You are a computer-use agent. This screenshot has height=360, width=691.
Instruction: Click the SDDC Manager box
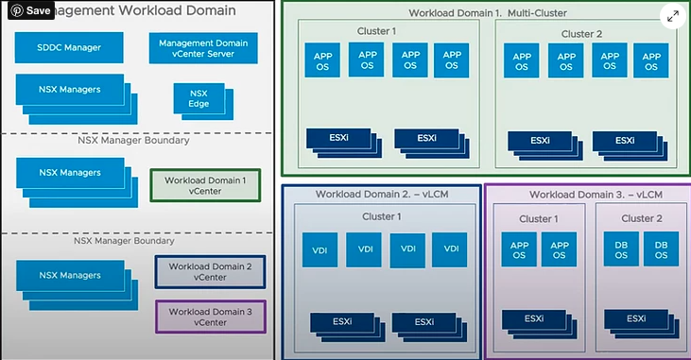click(x=69, y=46)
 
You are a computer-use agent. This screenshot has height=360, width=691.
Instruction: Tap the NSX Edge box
click(x=199, y=99)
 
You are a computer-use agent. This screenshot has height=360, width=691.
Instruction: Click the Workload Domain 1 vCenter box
click(x=205, y=185)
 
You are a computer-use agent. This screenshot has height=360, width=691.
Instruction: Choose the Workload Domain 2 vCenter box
click(x=209, y=272)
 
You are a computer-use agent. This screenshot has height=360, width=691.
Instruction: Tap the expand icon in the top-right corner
click(x=672, y=16)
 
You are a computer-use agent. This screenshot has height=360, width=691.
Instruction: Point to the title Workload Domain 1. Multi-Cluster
click(x=482, y=14)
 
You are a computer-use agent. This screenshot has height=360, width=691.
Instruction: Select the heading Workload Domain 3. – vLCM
click(x=587, y=195)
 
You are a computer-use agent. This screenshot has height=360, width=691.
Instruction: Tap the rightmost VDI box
click(x=450, y=249)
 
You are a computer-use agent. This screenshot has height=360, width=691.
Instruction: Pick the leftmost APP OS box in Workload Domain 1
click(x=320, y=61)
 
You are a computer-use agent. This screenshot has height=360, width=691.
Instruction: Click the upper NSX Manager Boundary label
click(x=132, y=141)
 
